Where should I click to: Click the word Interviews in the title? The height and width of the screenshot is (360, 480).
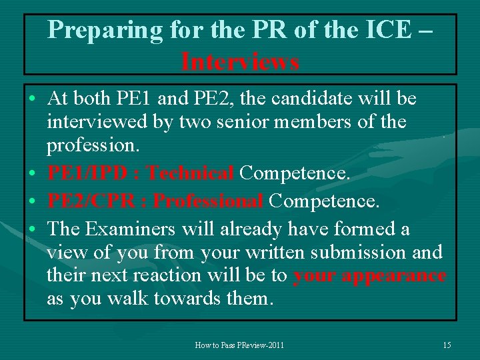point(240,62)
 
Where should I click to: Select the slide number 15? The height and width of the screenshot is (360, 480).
point(447,345)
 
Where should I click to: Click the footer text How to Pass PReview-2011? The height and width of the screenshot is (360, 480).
point(239,345)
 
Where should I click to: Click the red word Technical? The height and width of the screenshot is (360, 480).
point(190,173)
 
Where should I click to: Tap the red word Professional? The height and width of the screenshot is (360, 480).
point(209,201)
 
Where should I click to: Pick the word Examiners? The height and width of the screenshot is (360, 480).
point(131,229)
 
